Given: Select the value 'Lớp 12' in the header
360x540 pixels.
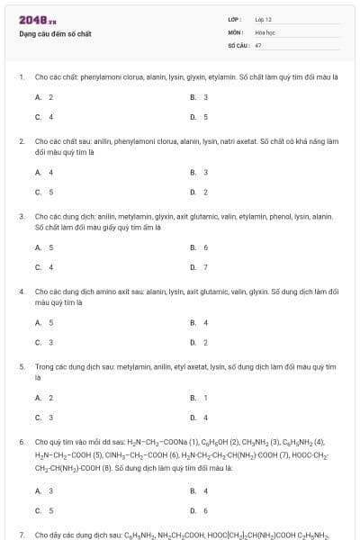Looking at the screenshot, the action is (x=263, y=18).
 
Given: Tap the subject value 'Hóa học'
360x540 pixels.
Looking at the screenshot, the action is (x=264, y=31).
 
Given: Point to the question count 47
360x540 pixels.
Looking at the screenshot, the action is (x=258, y=44).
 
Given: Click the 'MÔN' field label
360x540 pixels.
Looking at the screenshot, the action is (x=235, y=31).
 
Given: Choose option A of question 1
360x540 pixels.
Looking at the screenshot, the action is (x=44, y=96).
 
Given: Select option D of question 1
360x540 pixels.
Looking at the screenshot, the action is (x=199, y=117).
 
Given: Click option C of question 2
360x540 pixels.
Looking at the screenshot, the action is (x=44, y=192).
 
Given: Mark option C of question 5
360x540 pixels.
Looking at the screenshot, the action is (x=44, y=417).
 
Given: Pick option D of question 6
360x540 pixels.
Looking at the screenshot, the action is (x=199, y=510).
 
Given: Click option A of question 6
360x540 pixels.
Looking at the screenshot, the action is (x=44, y=490).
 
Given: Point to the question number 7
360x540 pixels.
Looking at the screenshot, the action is (x=22, y=535).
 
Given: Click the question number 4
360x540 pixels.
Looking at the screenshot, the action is (x=22, y=292).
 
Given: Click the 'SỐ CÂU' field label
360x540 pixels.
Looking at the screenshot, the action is (x=238, y=44).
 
